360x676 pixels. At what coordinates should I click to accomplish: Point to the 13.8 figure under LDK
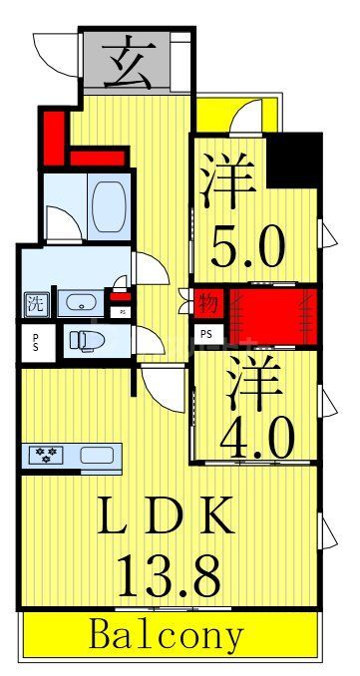coord(169,573)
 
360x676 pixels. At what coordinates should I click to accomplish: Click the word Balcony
coord(167,635)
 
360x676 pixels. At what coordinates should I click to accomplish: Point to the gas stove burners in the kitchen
coord(46,455)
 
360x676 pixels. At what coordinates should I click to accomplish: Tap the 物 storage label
coord(208,302)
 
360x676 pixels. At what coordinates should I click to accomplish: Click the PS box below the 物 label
coord(206,334)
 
